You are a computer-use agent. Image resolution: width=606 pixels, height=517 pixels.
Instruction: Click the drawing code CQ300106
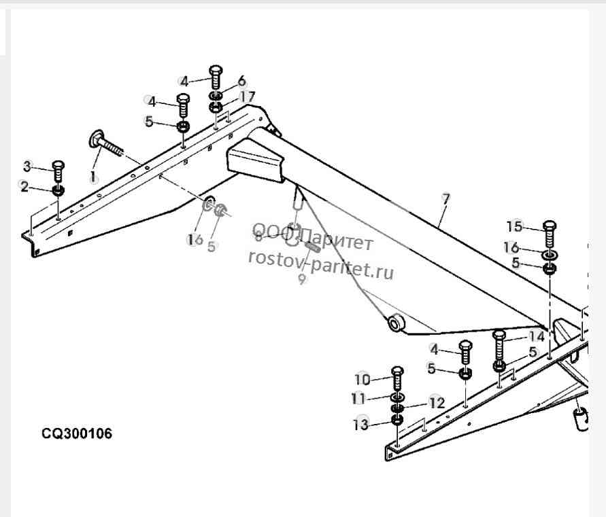(x=77, y=433)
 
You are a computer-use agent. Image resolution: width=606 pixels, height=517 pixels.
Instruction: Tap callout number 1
(x=92, y=177)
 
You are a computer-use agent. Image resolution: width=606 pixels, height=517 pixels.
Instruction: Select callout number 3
(x=27, y=166)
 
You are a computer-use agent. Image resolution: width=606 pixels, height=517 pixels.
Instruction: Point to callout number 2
(x=24, y=187)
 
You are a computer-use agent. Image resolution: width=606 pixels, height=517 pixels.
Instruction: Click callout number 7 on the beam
(x=446, y=198)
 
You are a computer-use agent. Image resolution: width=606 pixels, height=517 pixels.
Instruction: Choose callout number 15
(x=514, y=226)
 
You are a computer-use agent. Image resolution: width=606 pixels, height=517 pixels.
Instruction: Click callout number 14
(x=537, y=337)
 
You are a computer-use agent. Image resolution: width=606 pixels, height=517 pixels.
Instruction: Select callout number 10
(x=363, y=380)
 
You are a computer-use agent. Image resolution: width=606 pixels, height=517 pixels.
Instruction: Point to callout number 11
(x=358, y=398)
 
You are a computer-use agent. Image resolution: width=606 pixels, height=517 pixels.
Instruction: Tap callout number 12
(x=437, y=403)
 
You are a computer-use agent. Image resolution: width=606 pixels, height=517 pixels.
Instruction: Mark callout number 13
(x=361, y=425)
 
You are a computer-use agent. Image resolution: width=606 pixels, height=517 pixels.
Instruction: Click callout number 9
(x=302, y=279)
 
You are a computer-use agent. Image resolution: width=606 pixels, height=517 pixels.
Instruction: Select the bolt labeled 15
(x=550, y=235)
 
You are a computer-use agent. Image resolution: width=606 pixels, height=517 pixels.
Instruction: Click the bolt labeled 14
(x=499, y=346)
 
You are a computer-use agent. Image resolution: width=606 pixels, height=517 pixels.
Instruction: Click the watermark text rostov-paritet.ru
(x=321, y=264)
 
